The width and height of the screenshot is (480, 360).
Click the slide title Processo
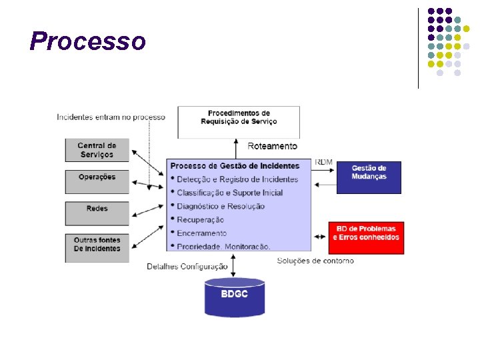pyautogui.click(x=87, y=41)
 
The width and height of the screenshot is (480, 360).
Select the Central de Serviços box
pyautogui.click(x=97, y=150)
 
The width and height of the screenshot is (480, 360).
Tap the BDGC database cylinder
pyautogui.click(x=234, y=297)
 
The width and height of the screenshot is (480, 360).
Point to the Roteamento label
pyautogui.click(x=273, y=146)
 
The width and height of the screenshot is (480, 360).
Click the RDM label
pyautogui.click(x=324, y=162)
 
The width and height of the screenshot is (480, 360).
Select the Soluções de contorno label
pyautogui.click(x=315, y=261)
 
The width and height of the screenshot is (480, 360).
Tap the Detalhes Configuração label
pyautogui.click(x=187, y=267)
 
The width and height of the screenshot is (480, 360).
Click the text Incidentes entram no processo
pyautogui.click(x=111, y=117)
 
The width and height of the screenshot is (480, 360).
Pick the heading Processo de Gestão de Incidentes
pyautogui.click(x=235, y=165)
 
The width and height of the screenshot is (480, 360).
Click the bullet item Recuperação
pyautogui.click(x=201, y=219)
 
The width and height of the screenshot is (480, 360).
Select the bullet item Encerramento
pyautogui.click(x=201, y=233)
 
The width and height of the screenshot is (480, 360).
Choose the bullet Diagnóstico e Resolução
pyautogui.click(x=221, y=206)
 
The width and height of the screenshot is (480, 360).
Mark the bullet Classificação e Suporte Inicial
pyautogui.click(x=229, y=193)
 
